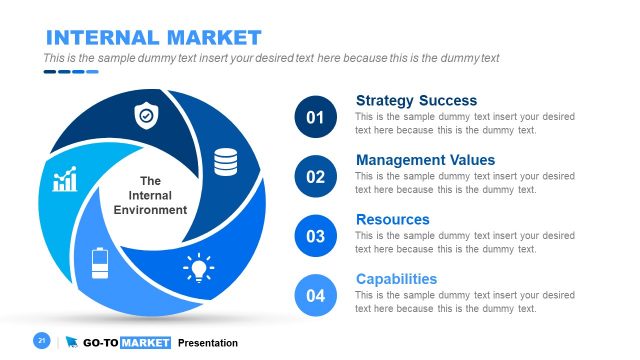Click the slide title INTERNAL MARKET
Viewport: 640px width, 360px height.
tap(153, 38)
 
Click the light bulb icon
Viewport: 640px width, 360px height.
tap(198, 268)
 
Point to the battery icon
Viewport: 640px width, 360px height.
tap(100, 263)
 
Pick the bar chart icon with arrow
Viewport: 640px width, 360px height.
tap(65, 180)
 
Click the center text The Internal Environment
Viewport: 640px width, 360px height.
tap(150, 196)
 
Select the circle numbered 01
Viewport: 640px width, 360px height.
tap(316, 119)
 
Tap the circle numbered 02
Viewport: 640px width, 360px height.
tap(316, 178)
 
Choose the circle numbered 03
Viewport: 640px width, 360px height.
tap(316, 237)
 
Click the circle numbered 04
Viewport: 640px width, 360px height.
tap(316, 296)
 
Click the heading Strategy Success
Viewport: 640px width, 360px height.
tap(416, 101)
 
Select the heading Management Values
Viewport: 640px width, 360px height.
tap(425, 160)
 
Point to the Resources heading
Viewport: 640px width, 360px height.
tap(392, 219)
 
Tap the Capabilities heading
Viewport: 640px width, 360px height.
tap(396, 279)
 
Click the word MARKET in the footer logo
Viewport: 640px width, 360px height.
tap(145, 343)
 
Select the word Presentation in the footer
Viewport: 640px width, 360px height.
tap(208, 343)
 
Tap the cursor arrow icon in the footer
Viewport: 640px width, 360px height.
tap(72, 343)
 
